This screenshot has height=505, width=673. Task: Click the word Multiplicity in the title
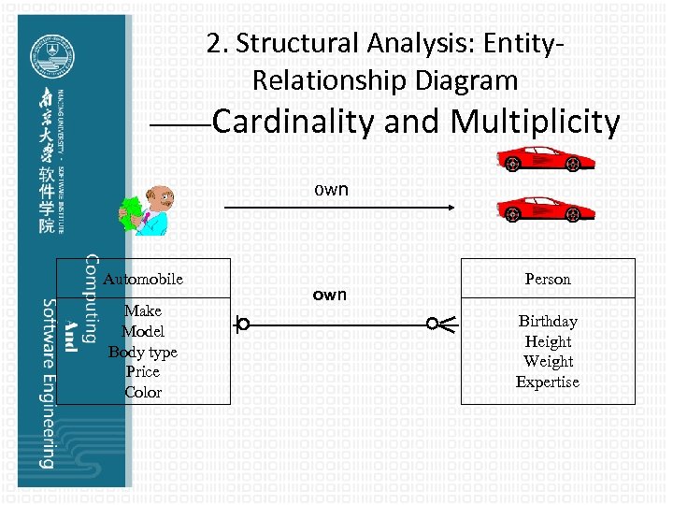[535, 123]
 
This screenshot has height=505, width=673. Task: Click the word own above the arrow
[331, 189]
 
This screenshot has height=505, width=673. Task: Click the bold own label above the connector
[329, 295]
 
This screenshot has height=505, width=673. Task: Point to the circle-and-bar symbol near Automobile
[242, 325]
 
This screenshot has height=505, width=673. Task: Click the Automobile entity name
[143, 279]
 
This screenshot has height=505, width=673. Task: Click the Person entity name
[548, 279]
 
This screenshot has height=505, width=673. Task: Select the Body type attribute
[143, 352]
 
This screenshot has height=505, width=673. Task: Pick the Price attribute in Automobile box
[143, 371]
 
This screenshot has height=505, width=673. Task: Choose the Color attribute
[143, 392]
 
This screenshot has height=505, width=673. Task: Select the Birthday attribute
[548, 321]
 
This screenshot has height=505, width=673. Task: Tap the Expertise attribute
[548, 382]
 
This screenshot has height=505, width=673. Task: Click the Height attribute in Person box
[548, 341]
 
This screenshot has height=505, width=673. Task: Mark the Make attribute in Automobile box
[143, 310]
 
